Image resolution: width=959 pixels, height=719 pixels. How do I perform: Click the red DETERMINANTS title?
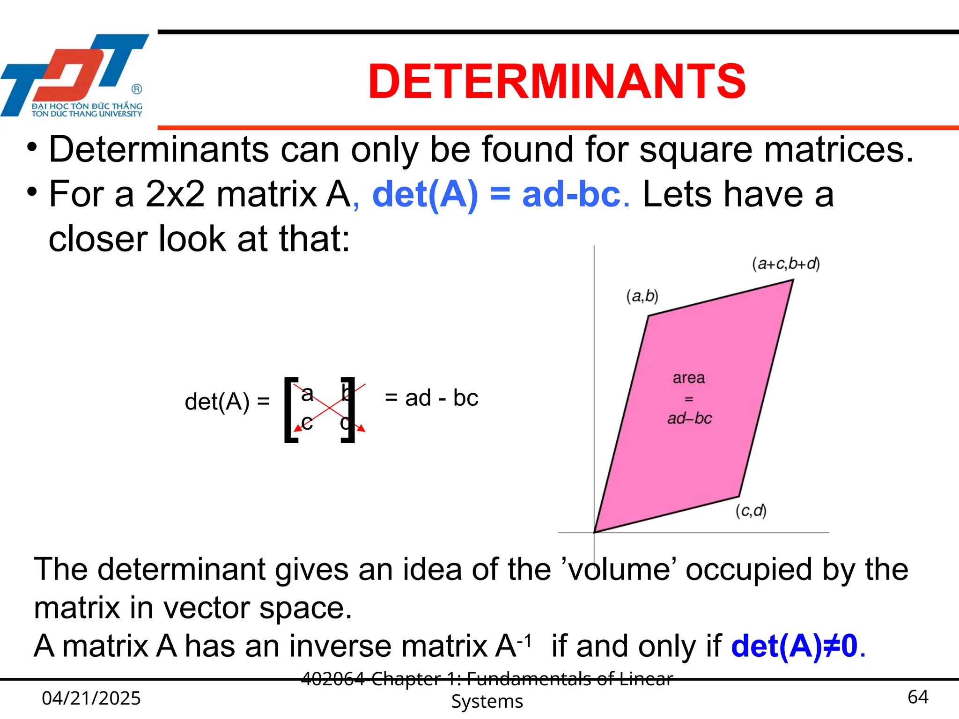point(556,81)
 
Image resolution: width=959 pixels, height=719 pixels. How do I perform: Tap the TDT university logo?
point(75,75)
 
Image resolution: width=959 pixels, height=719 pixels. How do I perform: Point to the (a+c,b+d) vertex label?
point(786,264)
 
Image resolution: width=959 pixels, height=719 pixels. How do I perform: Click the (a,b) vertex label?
point(642,296)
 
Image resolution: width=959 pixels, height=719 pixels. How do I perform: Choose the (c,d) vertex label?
point(751,511)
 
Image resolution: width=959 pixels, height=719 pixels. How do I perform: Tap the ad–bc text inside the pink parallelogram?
point(689,418)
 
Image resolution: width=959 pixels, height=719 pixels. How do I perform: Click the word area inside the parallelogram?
point(688,378)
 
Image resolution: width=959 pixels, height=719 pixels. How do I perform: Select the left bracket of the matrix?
point(290,409)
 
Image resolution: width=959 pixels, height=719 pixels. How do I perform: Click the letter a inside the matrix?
point(307,394)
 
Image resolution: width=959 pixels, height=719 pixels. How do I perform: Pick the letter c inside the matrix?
point(307,423)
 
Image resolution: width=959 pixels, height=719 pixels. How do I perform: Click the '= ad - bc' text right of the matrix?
point(431,398)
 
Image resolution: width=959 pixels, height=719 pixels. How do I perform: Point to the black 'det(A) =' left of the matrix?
point(227,402)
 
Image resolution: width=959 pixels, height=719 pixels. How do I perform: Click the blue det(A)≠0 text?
point(794,646)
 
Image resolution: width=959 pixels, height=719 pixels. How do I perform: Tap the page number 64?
point(918,697)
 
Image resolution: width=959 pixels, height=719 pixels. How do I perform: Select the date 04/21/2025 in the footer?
point(91,698)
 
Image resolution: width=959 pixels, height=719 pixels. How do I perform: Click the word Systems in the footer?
point(487,701)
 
